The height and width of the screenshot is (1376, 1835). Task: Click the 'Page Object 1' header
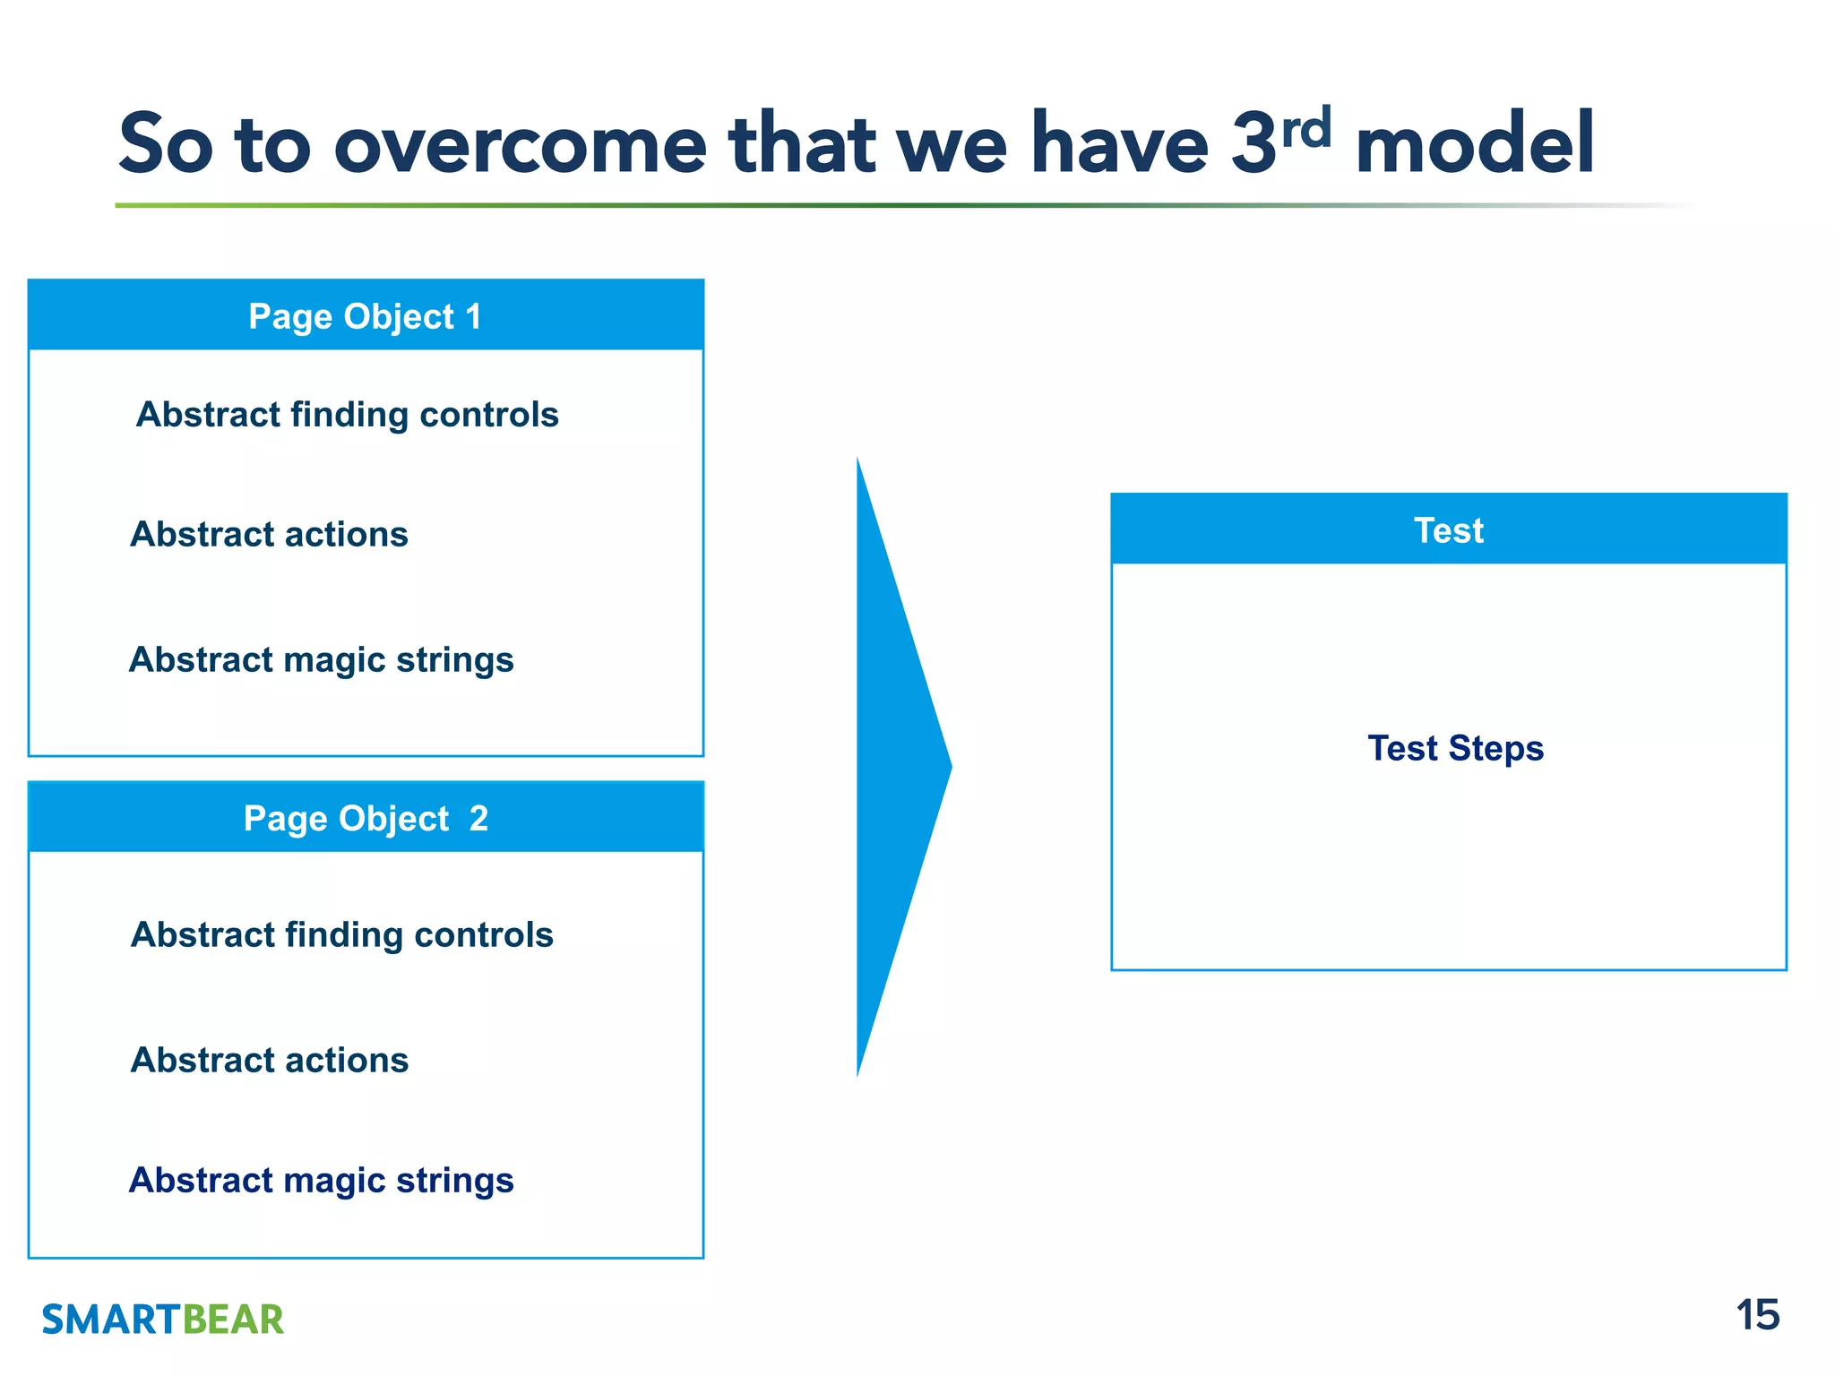pos(365,316)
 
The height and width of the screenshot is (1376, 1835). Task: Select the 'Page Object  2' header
pos(366,818)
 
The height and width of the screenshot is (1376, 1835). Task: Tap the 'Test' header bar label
pos(1448,530)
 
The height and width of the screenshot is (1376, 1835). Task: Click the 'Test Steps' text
pos(1455,748)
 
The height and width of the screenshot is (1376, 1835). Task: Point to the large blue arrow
pos(896,767)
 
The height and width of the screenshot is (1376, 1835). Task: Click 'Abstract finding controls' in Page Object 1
pos(347,415)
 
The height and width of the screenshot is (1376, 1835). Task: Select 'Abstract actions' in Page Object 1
pos(269,535)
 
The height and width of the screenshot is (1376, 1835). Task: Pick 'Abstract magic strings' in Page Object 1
pos(321,660)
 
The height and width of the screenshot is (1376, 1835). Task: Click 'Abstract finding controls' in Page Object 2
pos(341,934)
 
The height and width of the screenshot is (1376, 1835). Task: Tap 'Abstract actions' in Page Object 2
pos(269,1060)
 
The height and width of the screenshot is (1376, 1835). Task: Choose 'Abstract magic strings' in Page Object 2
pos(321,1181)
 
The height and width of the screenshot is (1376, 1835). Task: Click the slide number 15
pos(1757,1315)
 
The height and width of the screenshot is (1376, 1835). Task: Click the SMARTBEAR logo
pos(162,1320)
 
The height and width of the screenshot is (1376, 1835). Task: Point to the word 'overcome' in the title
pos(520,146)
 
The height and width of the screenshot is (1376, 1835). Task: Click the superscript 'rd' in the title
pos(1305,128)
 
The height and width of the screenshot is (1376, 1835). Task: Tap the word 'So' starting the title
pos(165,145)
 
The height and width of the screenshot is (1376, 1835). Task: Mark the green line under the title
pos(806,205)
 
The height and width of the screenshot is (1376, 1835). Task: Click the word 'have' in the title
pos(1120,145)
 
